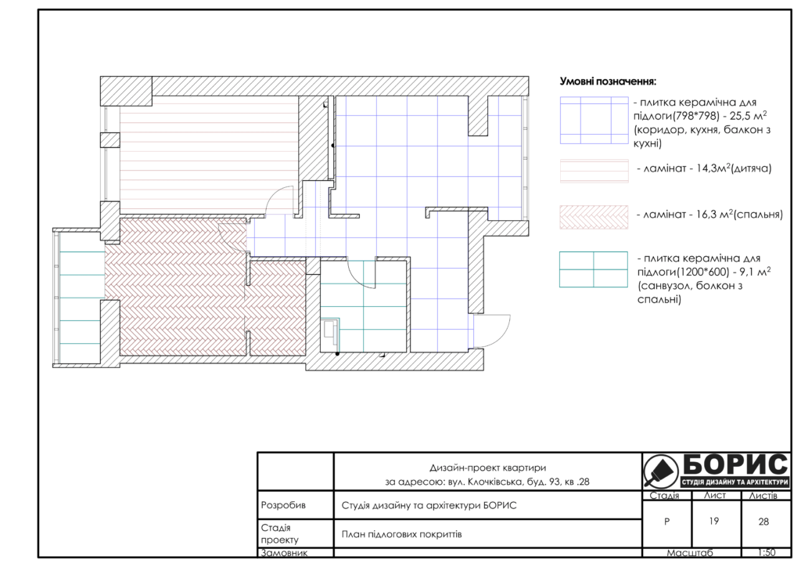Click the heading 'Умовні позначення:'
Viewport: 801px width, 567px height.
click(x=608, y=81)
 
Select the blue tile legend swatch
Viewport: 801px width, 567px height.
click(x=594, y=120)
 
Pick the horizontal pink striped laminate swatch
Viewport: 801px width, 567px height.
click(x=594, y=171)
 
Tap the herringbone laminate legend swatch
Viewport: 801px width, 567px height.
click(x=594, y=217)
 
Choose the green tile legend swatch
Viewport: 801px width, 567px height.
click(x=594, y=269)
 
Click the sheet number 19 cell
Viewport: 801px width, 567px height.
click(x=714, y=521)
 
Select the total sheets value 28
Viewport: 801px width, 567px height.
click(x=763, y=522)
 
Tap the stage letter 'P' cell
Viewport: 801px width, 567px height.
click(x=666, y=522)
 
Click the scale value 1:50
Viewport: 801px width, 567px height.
click(x=767, y=552)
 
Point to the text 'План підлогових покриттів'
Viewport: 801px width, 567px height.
click(x=401, y=534)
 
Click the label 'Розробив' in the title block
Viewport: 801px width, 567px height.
click(x=283, y=505)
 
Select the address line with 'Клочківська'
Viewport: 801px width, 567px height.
click(x=487, y=482)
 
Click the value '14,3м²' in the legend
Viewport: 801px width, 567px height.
click(x=713, y=168)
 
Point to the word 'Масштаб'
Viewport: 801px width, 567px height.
click(x=690, y=553)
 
